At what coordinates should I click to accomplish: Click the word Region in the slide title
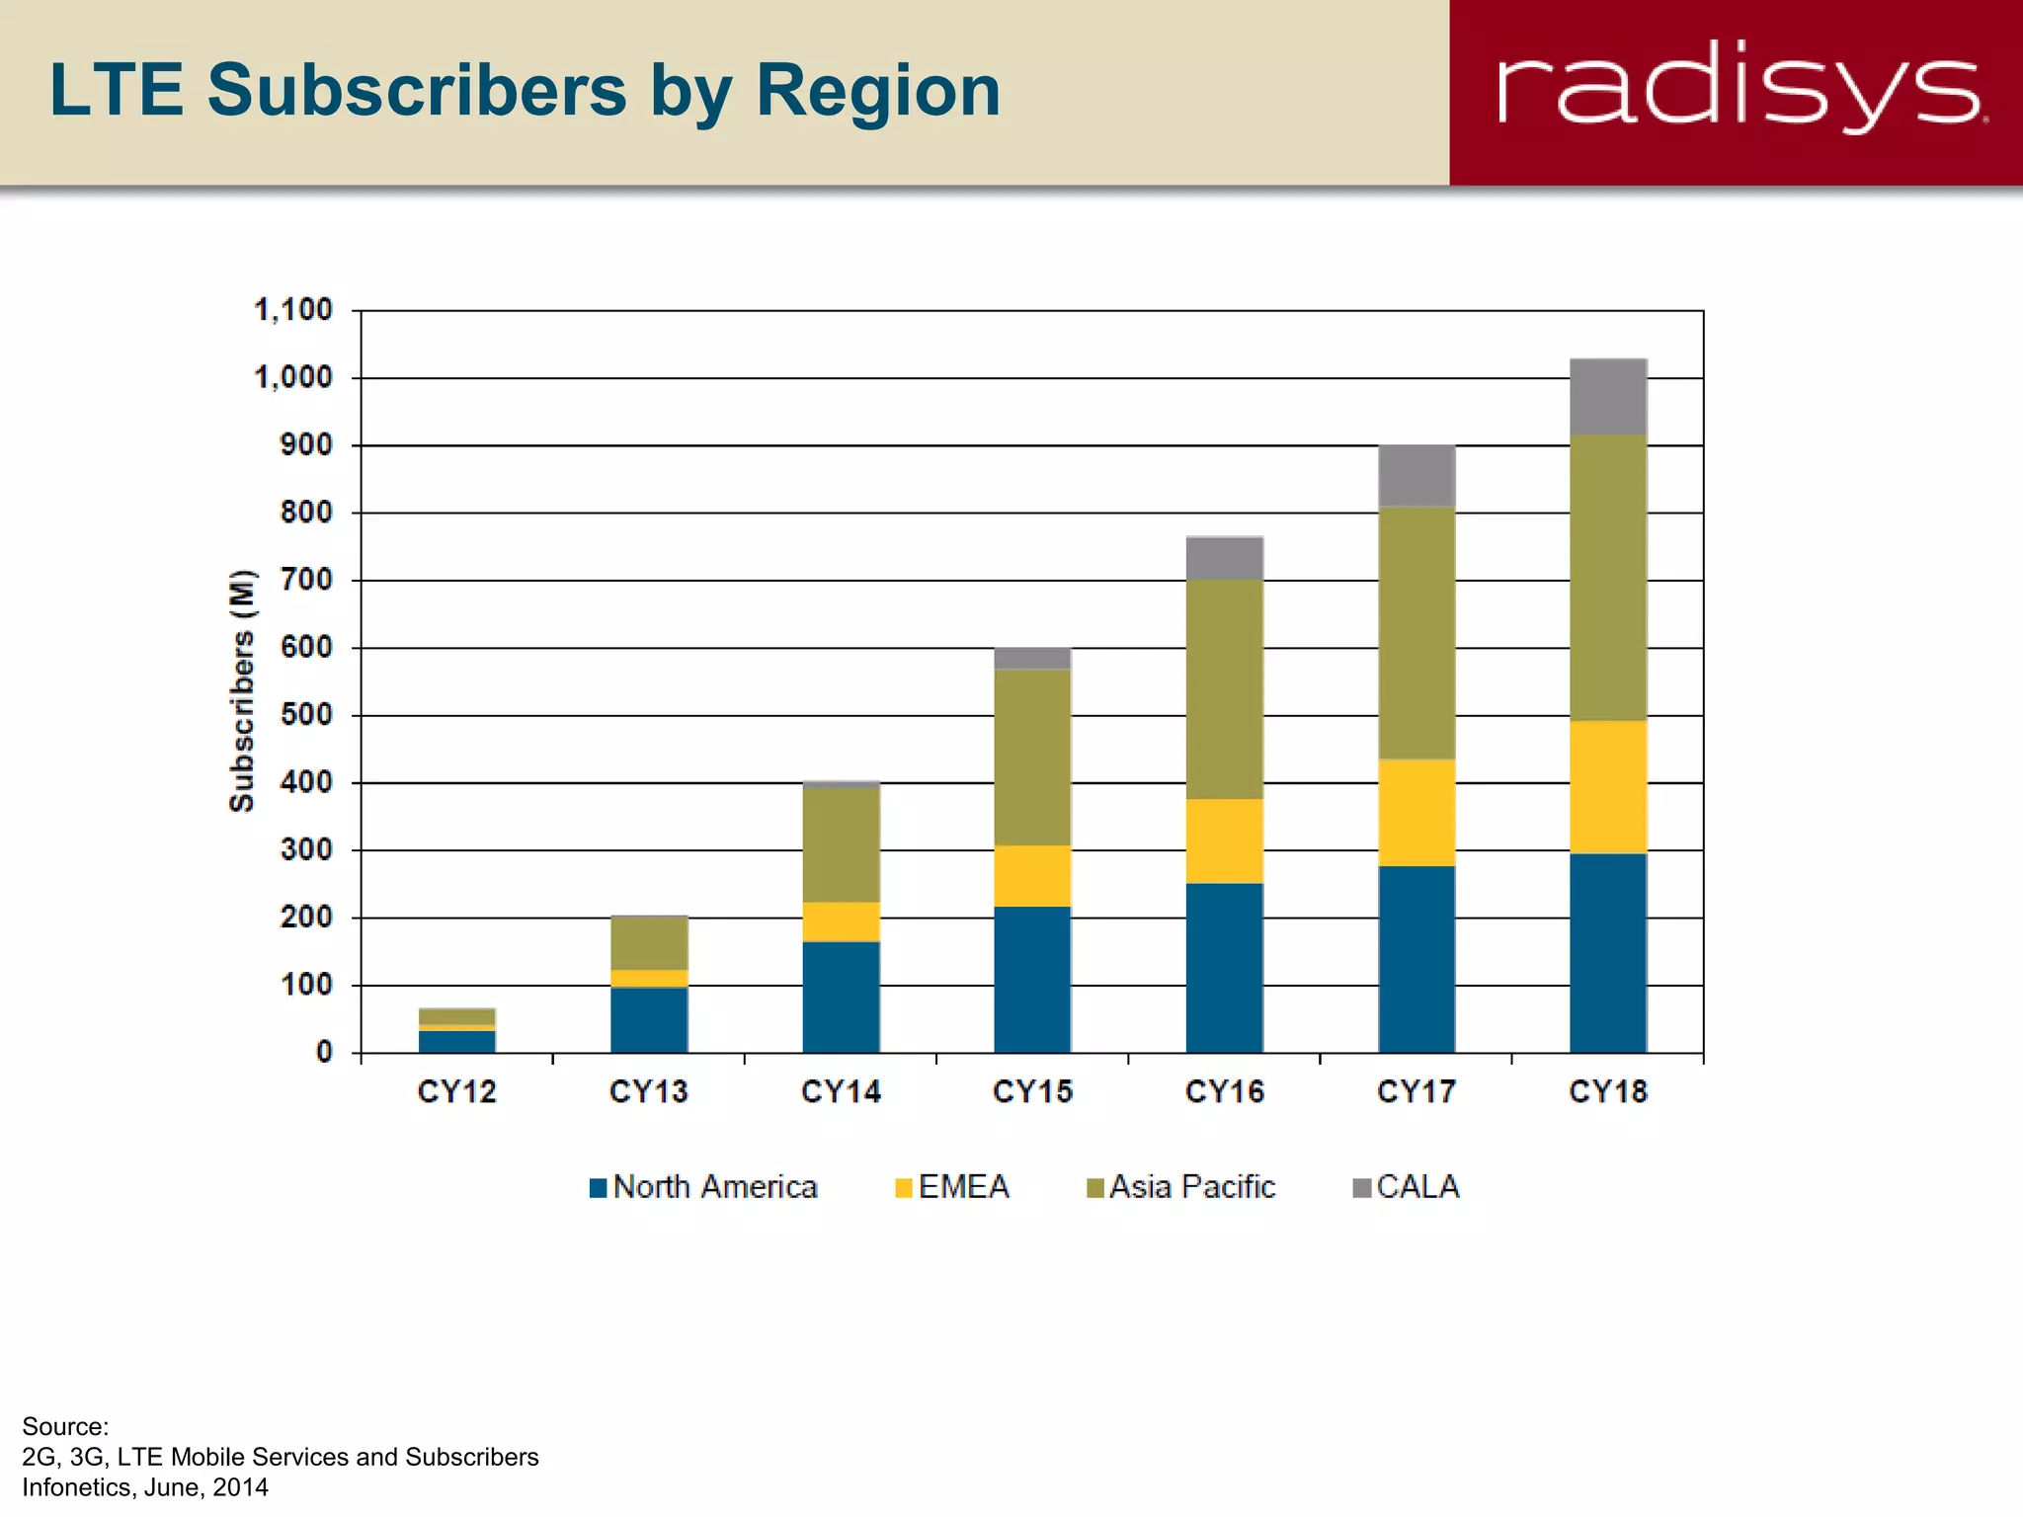point(878,91)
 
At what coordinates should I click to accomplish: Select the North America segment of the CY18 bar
point(1608,952)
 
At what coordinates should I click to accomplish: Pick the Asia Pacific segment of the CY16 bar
point(1225,688)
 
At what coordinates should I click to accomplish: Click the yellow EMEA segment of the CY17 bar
point(1416,812)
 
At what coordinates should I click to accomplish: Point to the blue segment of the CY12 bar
point(457,1041)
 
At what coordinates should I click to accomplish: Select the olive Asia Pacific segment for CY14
point(842,844)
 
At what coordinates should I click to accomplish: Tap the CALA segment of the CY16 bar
point(1225,558)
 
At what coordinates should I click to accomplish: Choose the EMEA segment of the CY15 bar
point(1033,875)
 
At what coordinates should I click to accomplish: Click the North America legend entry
point(703,1186)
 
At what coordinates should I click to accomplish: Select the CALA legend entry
point(1406,1186)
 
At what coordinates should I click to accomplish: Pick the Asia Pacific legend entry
point(1180,1186)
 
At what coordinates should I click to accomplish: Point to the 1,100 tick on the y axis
point(293,310)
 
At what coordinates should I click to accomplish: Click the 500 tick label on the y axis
point(306,714)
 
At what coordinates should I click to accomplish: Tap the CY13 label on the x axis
point(648,1091)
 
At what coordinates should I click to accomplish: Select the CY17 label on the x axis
point(1416,1091)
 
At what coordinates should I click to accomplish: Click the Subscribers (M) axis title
point(242,691)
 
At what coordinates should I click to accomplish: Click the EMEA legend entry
point(952,1186)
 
